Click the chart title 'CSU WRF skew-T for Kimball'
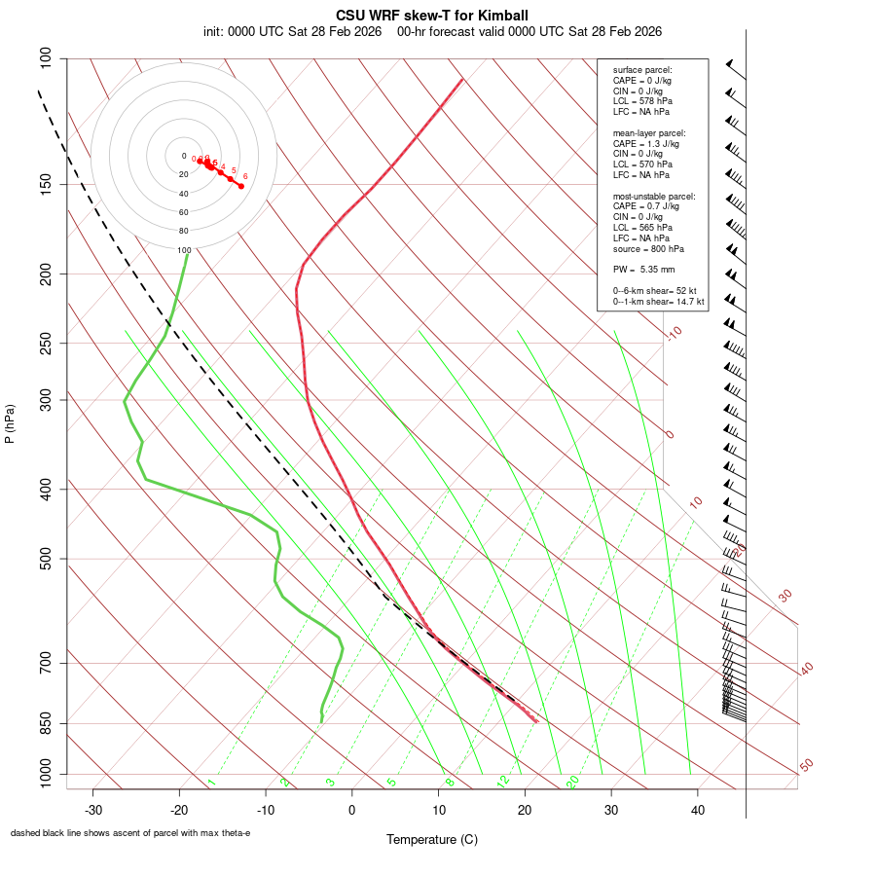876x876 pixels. (432, 16)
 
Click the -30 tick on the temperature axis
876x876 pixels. (93, 810)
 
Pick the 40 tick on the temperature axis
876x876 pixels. (697, 810)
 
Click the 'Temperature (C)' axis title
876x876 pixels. (432, 839)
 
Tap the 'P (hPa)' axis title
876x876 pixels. (10, 423)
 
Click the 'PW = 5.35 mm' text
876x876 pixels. (643, 270)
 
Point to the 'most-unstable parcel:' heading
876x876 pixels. (654, 196)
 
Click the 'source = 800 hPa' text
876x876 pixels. (647, 249)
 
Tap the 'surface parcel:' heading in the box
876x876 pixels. (642, 70)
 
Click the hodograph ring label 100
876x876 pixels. (183, 250)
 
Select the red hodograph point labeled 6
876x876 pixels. (241, 186)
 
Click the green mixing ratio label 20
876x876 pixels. (572, 781)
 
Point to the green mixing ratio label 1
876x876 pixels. (211, 782)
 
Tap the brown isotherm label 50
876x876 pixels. (806, 766)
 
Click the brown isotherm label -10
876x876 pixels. (673, 333)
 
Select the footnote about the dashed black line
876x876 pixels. (130, 833)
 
